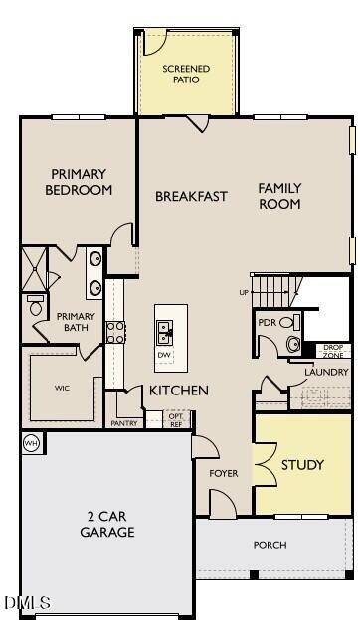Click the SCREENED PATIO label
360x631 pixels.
coord(187,74)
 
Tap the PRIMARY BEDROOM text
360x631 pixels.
coord(79,182)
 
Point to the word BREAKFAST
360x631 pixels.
coord(191,196)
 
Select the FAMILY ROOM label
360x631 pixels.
coord(279,195)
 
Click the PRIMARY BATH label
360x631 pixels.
coord(76,322)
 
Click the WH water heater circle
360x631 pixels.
coord(31,443)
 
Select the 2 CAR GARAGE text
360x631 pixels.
coord(107,524)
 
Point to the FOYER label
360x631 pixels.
coord(224,473)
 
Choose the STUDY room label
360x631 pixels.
coord(302,464)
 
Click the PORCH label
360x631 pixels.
coord(270,545)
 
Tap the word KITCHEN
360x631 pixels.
coord(179,391)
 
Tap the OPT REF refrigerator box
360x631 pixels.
coord(175,420)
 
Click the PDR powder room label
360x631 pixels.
coord(267,323)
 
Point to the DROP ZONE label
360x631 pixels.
coord(334,351)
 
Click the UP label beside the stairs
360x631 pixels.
coord(244,292)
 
